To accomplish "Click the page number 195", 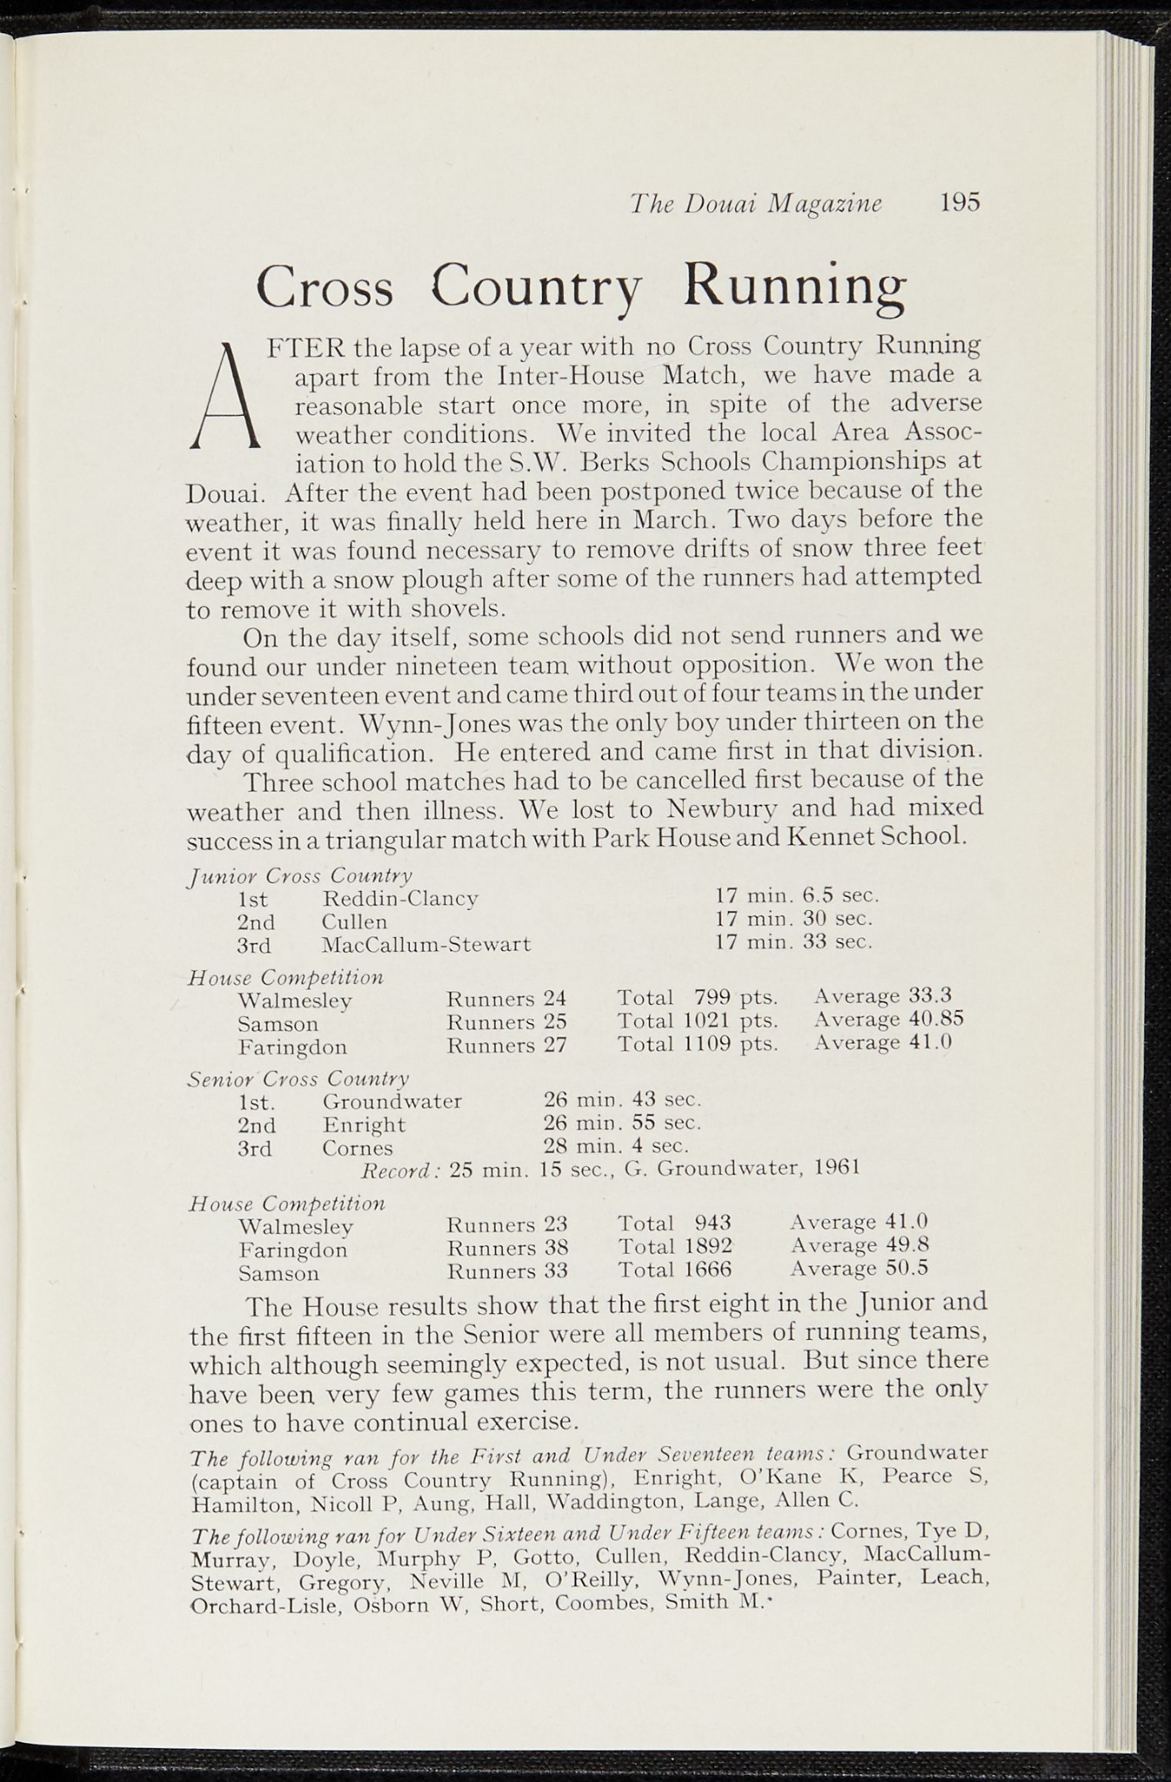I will tap(960, 203).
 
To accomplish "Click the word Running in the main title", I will tap(794, 286).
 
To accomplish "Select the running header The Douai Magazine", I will tap(755, 204).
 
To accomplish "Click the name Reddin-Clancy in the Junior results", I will tap(400, 897).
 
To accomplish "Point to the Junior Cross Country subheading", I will tap(300, 874).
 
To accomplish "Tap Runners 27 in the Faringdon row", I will tap(506, 1044).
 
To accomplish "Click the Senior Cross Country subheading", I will tap(298, 1080).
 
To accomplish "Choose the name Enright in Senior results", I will tap(364, 1125).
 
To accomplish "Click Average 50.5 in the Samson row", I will tap(860, 1269).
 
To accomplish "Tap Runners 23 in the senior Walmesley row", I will tap(506, 1225).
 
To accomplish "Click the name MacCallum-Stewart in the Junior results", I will tap(426, 944).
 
